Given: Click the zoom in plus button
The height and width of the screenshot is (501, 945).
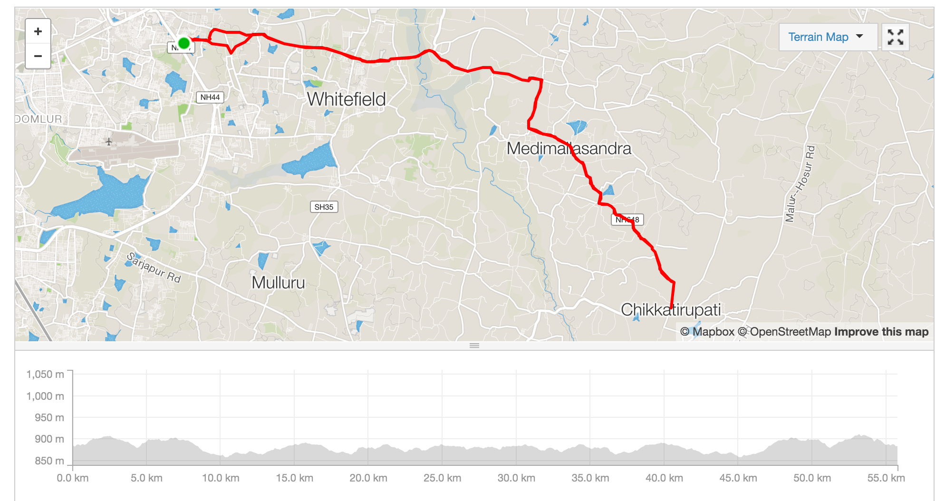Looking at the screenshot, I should click(x=38, y=32).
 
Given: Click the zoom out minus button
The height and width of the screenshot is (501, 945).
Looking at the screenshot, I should click(x=38, y=56).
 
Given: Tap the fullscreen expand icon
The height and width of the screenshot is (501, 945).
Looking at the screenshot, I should click(x=895, y=37).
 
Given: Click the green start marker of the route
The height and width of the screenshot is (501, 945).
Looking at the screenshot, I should click(x=184, y=44).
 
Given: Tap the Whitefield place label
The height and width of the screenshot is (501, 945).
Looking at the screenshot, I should click(x=346, y=99).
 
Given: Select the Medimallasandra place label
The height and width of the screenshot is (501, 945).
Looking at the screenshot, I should click(x=569, y=148).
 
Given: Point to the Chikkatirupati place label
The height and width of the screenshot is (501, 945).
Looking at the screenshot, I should click(x=670, y=309).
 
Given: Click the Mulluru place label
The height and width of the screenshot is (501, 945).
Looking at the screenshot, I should click(x=278, y=282).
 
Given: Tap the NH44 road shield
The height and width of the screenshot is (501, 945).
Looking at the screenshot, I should click(x=210, y=97).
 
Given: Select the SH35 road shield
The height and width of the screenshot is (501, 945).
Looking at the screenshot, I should click(x=324, y=207).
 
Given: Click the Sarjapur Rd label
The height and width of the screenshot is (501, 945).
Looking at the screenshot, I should click(x=154, y=267).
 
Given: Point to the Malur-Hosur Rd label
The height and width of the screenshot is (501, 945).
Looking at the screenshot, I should click(x=800, y=184).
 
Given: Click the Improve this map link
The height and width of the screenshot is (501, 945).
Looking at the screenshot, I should click(x=881, y=332).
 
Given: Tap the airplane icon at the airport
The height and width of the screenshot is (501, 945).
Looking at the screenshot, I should click(x=109, y=142).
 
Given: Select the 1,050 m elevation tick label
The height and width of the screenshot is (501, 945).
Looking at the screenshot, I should click(x=45, y=375).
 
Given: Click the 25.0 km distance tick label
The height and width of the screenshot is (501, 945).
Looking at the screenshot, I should click(x=442, y=478).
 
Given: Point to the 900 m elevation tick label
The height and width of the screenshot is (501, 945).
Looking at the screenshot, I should click(x=49, y=439).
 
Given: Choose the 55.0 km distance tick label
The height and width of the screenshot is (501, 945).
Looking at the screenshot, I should click(x=886, y=478).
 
